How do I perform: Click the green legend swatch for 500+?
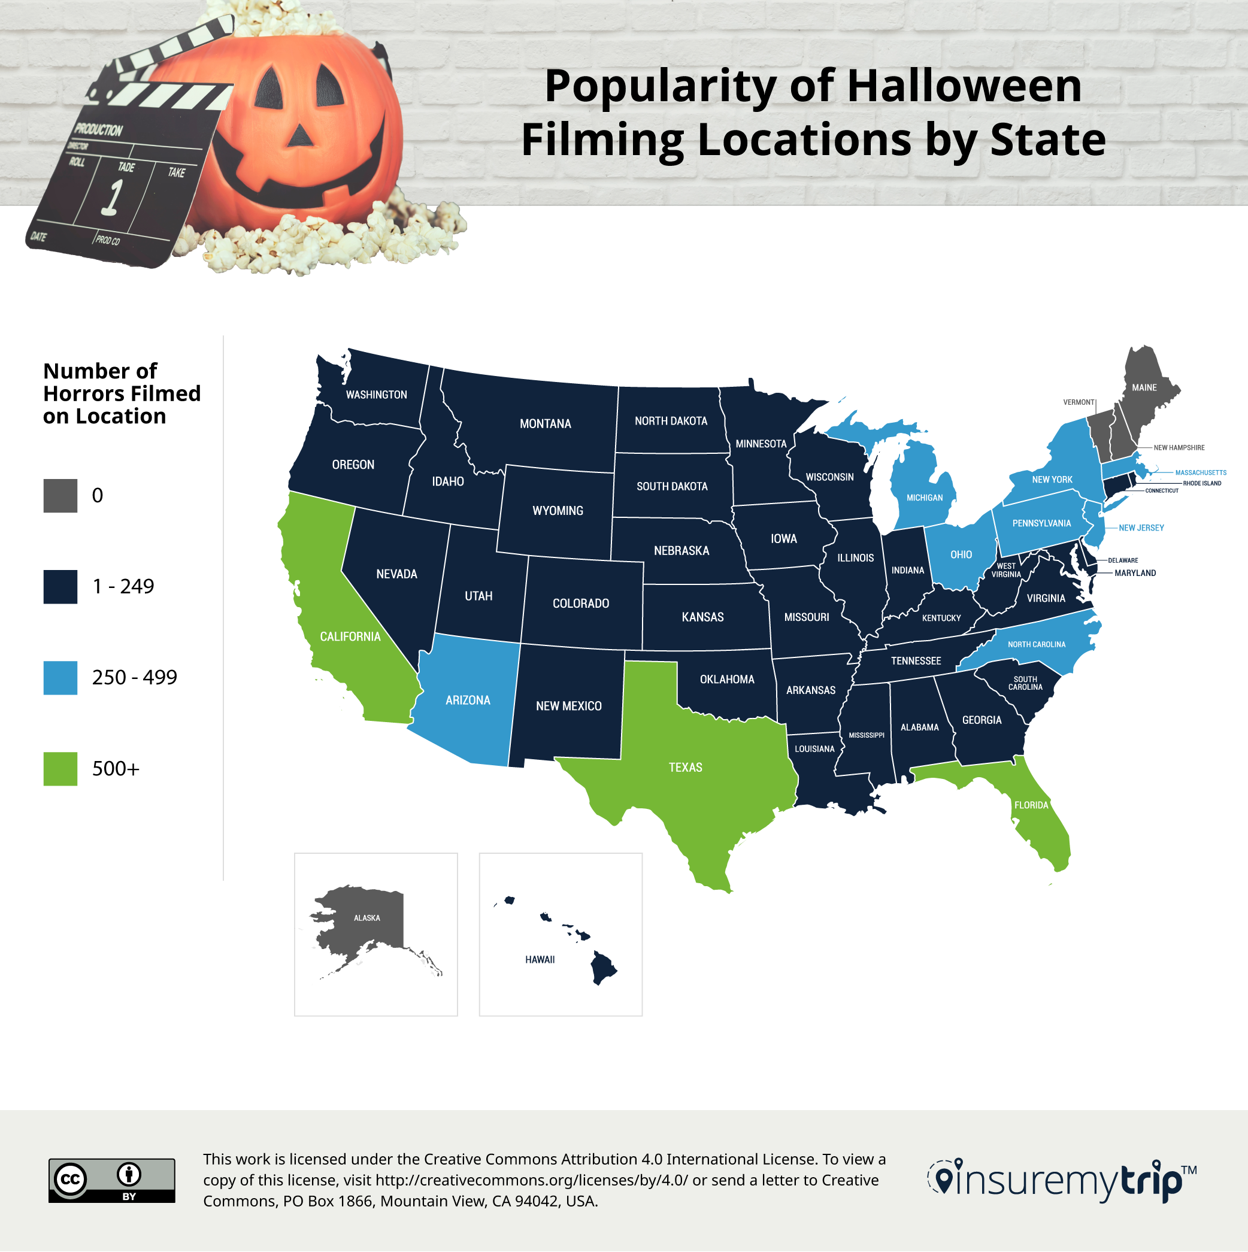[60, 769]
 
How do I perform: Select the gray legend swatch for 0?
[60, 496]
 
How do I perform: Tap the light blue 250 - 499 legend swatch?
[60, 678]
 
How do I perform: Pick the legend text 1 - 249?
[123, 586]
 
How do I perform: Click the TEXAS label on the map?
[685, 767]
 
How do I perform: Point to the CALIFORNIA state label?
[350, 636]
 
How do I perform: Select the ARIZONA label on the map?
[468, 700]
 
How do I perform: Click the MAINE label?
[1144, 387]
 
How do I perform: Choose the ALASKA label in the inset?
[366, 918]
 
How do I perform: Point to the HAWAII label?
[540, 960]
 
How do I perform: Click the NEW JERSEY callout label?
[1141, 528]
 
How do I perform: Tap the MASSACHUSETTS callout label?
[1200, 472]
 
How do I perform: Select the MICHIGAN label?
[924, 498]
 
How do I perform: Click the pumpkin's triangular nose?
[299, 134]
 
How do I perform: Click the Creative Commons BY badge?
[111, 1181]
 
